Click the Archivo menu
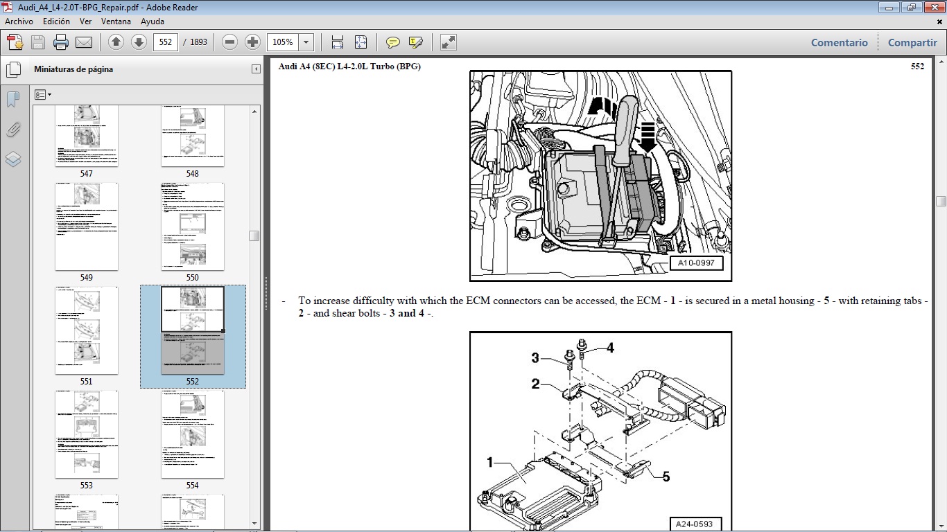(x=19, y=21)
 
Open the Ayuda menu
(x=152, y=21)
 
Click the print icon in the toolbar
(x=61, y=42)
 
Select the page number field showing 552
(x=165, y=42)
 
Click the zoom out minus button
(x=230, y=42)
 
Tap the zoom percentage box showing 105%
(x=283, y=42)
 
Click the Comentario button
(x=839, y=42)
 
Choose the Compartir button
(x=912, y=42)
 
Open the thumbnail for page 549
(x=87, y=227)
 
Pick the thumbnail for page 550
(x=193, y=227)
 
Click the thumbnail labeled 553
(x=87, y=434)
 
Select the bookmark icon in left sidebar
(x=13, y=99)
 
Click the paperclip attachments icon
(x=13, y=130)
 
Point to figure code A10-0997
(x=696, y=263)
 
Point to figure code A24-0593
(x=695, y=524)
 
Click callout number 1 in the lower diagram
(x=489, y=462)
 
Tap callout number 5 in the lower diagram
(x=666, y=477)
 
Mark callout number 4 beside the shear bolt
(x=610, y=348)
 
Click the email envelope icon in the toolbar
(x=84, y=42)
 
